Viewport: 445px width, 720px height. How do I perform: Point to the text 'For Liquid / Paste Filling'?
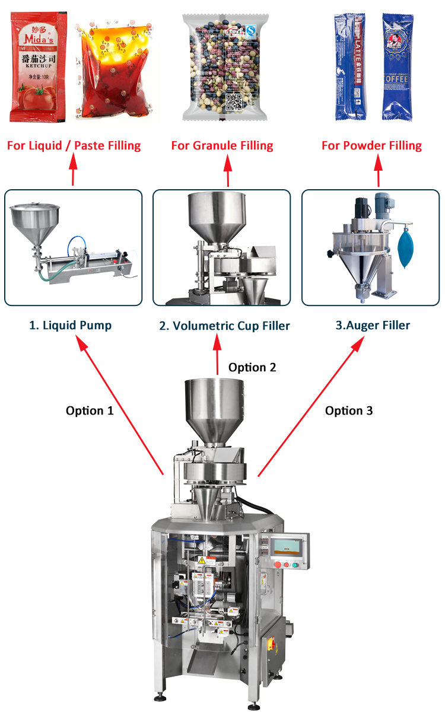point(74,145)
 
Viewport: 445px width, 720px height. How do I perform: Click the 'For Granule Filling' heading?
point(222,145)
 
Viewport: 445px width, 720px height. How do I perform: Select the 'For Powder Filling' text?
point(371,145)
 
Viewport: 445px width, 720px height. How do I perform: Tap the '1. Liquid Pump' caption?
point(71,325)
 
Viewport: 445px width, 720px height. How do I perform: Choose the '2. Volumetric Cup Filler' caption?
point(224,326)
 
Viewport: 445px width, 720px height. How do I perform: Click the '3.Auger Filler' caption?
point(373,325)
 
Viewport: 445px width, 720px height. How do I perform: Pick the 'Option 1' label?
point(90,410)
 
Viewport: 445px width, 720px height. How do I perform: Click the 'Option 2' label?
point(252,367)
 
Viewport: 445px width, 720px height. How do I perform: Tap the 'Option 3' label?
point(349,410)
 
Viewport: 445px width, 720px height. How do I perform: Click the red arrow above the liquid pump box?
point(74,170)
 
